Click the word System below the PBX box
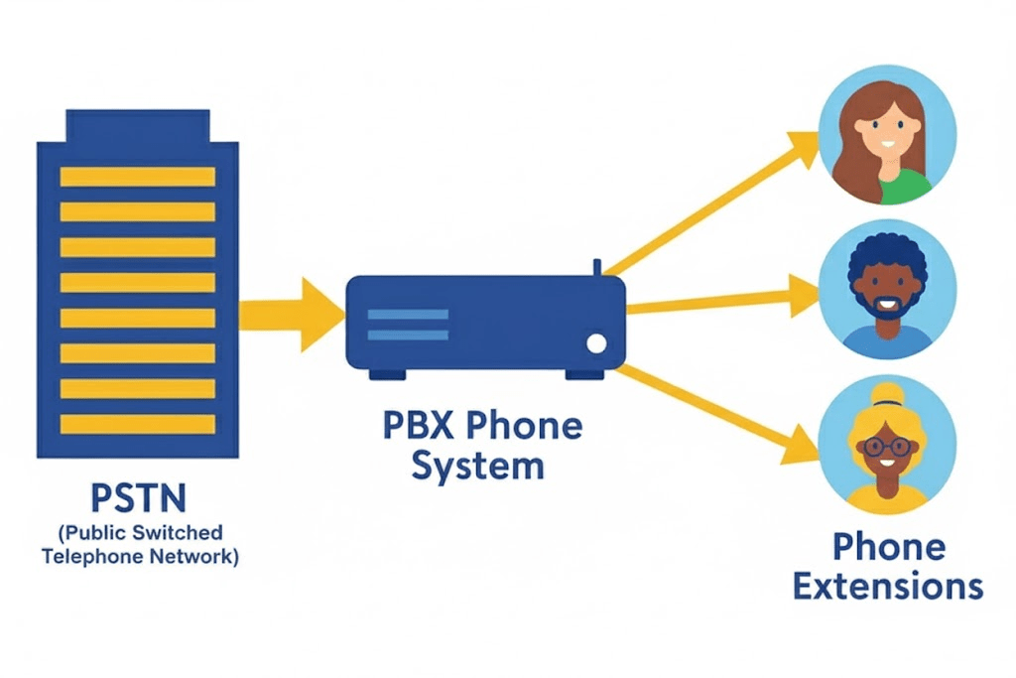pos(478,465)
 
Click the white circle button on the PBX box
pos(596,343)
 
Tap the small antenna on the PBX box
pos(597,267)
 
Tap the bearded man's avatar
pos(887,288)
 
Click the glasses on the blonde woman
pos(886,446)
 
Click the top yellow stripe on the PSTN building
pos(137,177)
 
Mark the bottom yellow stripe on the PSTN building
pos(137,424)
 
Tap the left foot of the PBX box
pos(387,374)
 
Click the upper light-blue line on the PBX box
pos(408,315)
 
